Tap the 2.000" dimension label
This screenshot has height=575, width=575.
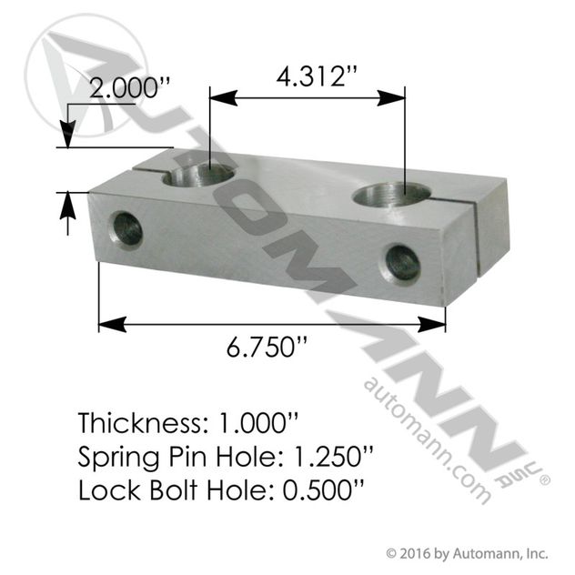click(x=130, y=88)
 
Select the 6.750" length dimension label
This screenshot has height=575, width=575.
click(x=267, y=347)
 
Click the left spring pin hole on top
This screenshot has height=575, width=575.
click(x=198, y=175)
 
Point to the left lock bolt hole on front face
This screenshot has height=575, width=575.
click(x=125, y=230)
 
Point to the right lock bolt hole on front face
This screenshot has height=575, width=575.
click(x=401, y=262)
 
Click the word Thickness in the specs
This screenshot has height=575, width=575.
click(x=140, y=422)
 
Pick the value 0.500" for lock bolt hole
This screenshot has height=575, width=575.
click(x=324, y=489)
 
